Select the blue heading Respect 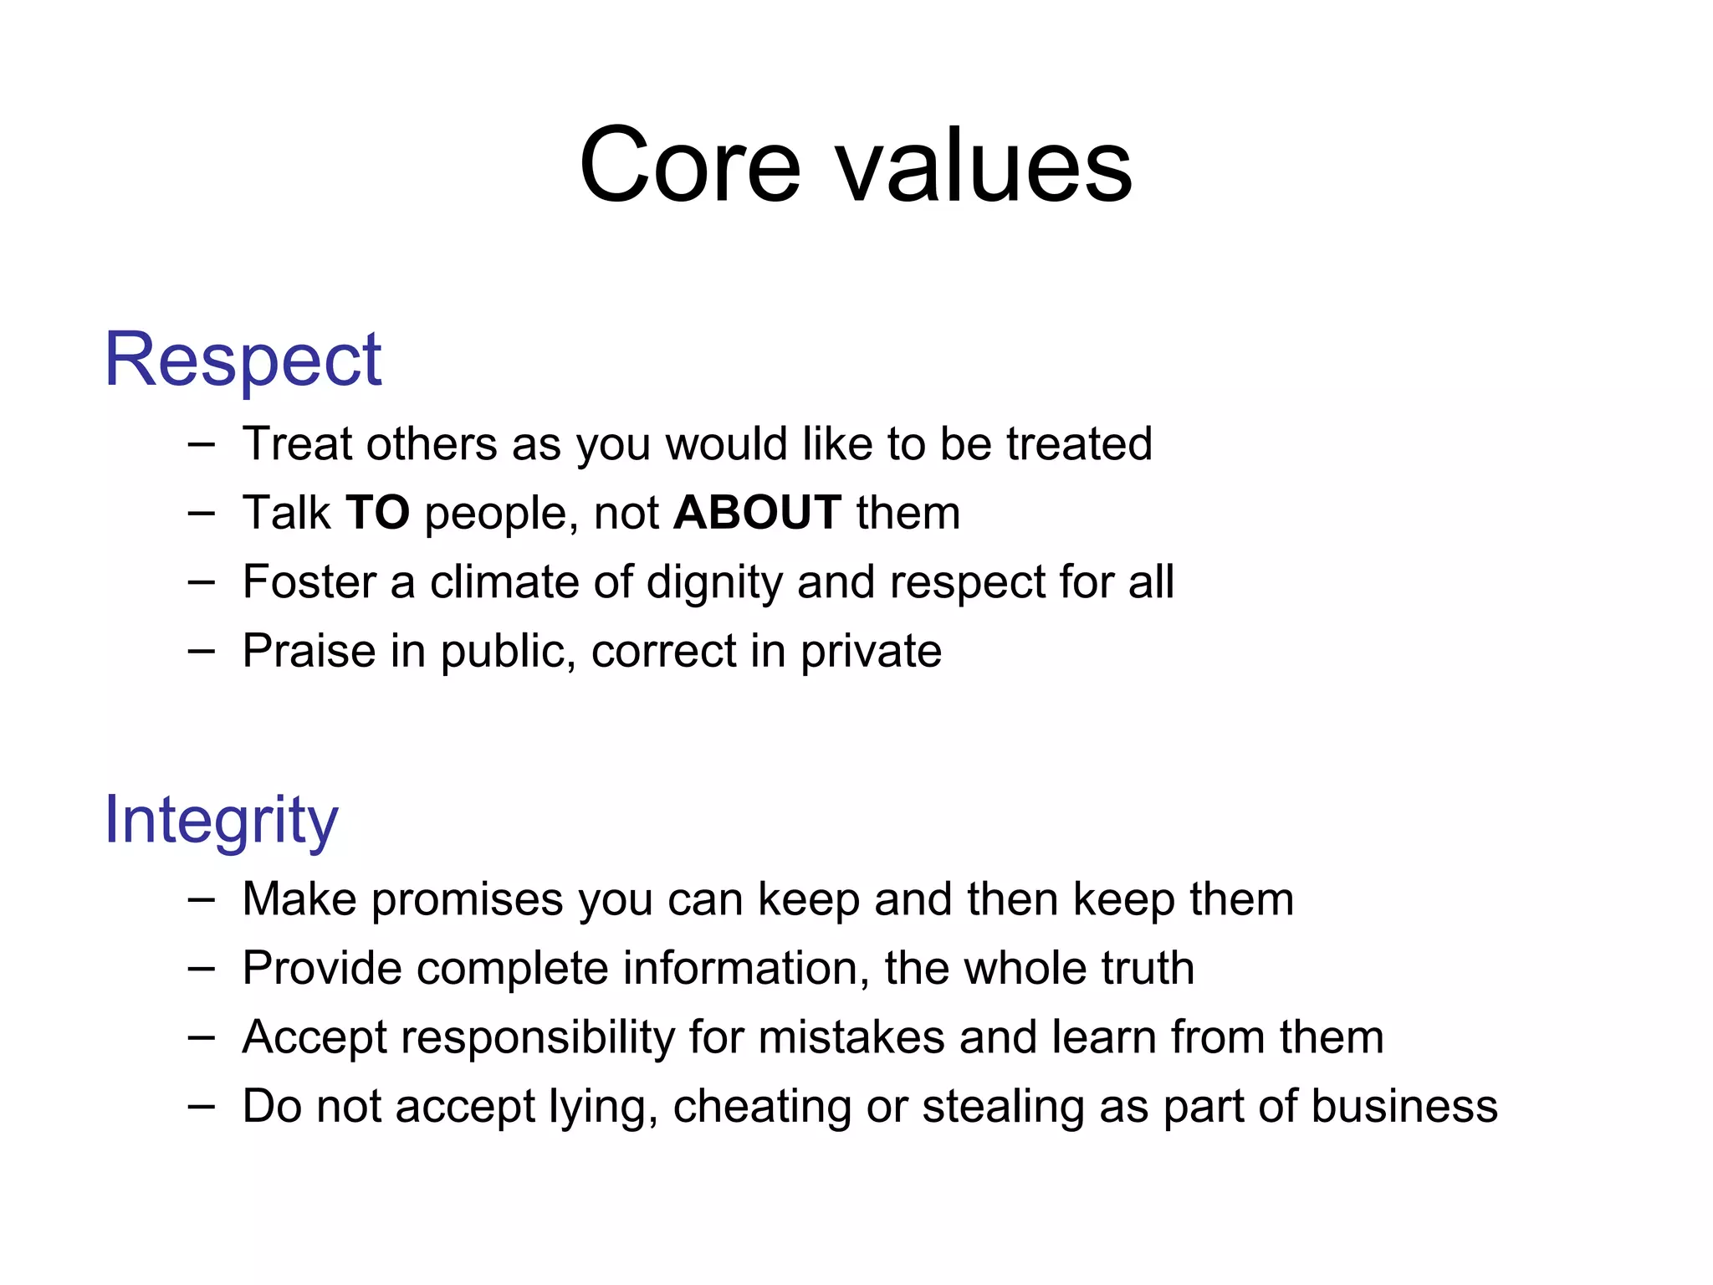click(243, 361)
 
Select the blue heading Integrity click(221, 821)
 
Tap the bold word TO click(377, 512)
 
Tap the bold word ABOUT click(757, 512)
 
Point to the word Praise click(309, 651)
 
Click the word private click(870, 653)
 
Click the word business click(1404, 1106)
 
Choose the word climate click(504, 581)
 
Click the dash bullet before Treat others click(201, 443)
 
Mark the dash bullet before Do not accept click(201, 1106)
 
